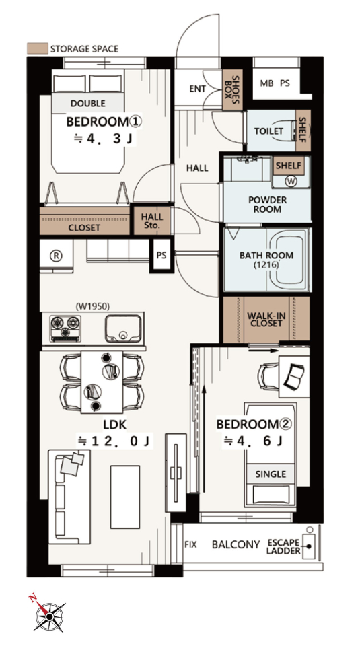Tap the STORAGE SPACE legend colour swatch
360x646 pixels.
38,48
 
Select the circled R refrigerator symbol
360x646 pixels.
56,256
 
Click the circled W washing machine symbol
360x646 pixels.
291,182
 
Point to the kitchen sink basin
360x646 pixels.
123,329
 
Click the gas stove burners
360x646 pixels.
65,328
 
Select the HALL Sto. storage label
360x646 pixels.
152,221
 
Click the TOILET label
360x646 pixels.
268,131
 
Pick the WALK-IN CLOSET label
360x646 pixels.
266,319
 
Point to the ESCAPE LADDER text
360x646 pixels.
283,546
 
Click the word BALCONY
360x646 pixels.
236,544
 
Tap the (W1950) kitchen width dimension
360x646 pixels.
93,306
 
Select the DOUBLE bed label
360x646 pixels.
87,104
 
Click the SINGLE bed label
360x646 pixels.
271,474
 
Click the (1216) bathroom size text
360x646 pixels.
266,265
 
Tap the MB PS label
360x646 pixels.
275,83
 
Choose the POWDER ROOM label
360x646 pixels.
267,205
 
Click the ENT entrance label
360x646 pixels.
197,89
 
